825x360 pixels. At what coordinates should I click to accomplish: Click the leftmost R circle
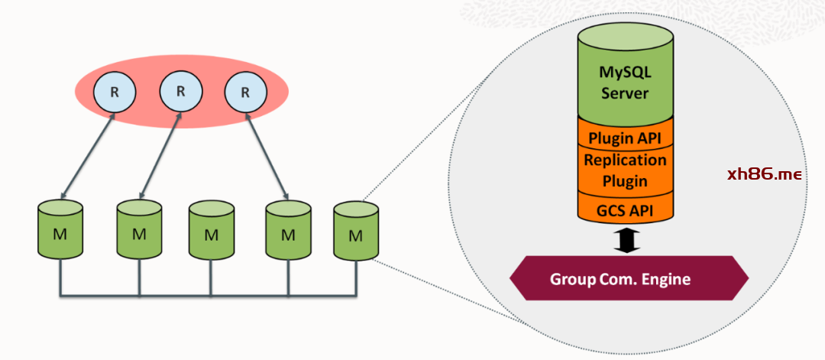(x=114, y=92)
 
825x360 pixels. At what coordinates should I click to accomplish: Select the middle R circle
(x=180, y=91)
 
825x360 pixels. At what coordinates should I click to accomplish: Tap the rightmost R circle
(x=245, y=92)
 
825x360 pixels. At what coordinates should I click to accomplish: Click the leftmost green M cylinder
(x=60, y=229)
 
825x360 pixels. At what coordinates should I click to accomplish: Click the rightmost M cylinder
(x=355, y=230)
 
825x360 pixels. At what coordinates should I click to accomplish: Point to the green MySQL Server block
(x=624, y=76)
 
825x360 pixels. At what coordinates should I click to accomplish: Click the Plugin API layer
(x=624, y=138)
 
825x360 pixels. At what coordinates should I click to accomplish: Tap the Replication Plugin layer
(x=624, y=170)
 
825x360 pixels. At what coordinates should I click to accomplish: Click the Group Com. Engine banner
(x=620, y=278)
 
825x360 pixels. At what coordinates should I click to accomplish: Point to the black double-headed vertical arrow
(x=626, y=240)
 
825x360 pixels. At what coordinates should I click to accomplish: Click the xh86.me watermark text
(x=764, y=174)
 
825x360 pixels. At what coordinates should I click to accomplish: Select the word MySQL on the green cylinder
(x=624, y=74)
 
